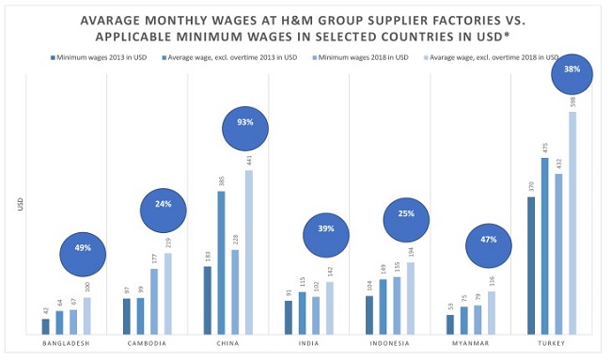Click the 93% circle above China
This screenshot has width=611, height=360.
point(245,123)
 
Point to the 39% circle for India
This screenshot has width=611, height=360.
point(326,229)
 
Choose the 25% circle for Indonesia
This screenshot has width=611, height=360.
point(407,213)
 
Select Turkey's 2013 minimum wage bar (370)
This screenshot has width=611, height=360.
point(531,265)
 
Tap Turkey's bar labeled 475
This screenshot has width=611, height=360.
point(544,246)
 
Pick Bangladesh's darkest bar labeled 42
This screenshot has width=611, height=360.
point(45,326)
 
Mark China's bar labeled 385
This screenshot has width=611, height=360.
point(221,262)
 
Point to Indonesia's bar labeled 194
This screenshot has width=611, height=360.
point(410,298)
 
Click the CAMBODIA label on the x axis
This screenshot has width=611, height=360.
point(147,343)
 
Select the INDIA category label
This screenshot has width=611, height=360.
point(309,343)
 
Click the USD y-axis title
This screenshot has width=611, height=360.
point(20,202)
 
